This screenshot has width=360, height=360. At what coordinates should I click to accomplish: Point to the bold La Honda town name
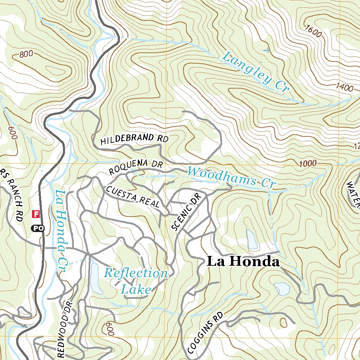tap(243, 262)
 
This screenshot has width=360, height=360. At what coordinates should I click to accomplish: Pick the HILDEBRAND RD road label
tap(134, 139)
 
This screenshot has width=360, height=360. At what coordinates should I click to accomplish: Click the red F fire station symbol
tap(36, 213)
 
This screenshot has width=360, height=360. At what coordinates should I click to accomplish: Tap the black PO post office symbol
tap(38, 229)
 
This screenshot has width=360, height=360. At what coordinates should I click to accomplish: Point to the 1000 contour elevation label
tap(308, 163)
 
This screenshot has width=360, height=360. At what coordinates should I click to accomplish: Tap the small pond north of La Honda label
tap(252, 239)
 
